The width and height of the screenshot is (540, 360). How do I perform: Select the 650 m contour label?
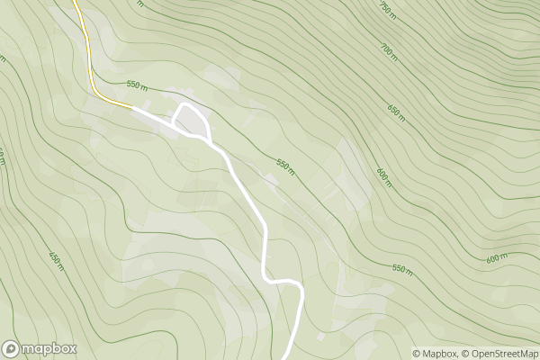[x=397, y=113]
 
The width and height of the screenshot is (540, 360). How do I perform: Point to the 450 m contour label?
[x=55, y=260]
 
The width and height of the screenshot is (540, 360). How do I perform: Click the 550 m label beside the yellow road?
[x=137, y=85]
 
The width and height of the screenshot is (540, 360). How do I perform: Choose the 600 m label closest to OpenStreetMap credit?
[x=498, y=259]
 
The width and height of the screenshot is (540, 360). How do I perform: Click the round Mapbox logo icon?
[x=12, y=348]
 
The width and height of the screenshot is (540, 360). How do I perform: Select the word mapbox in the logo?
[x=49, y=348]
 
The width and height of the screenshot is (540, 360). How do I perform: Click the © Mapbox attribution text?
[x=436, y=353]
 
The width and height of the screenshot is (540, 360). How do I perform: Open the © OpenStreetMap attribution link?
[x=499, y=353]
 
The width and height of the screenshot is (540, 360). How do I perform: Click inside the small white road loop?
[x=190, y=122]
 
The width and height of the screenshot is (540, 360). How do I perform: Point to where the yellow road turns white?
[x=133, y=107]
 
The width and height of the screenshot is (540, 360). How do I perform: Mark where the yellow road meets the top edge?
[x=74, y=2]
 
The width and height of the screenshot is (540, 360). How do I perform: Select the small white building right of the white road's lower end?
[x=320, y=337]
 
